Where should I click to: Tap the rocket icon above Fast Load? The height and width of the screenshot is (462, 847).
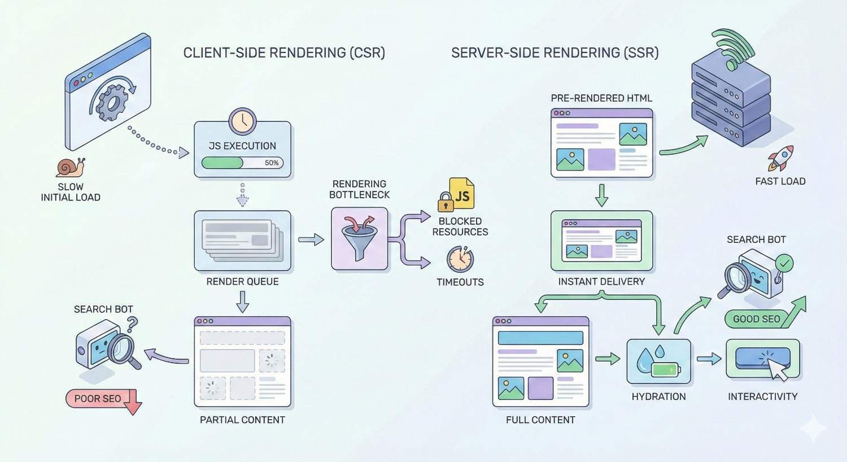pyautogui.click(x=781, y=158)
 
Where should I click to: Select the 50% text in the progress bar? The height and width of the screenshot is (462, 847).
pyautogui.click(x=272, y=163)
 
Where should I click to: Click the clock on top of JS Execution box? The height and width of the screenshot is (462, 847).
pyautogui.click(x=243, y=121)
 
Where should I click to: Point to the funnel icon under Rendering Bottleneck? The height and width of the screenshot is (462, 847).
pyautogui.click(x=359, y=238)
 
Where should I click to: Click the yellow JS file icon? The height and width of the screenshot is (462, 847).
pyautogui.click(x=461, y=194)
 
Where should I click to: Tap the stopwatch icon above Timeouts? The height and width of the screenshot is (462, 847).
pyautogui.click(x=460, y=259)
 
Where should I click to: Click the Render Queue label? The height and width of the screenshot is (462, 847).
pyautogui.click(x=242, y=281)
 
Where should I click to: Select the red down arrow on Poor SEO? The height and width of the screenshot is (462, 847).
pyautogui.click(x=132, y=402)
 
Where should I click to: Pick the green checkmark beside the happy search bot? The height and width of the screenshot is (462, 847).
pyautogui.click(x=784, y=263)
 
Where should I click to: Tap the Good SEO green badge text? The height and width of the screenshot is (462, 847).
pyautogui.click(x=756, y=319)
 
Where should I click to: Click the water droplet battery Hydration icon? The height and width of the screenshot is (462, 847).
pyautogui.click(x=658, y=361)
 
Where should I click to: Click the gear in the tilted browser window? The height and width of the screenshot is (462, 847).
pyautogui.click(x=112, y=102)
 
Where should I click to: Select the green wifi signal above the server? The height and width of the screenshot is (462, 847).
pyautogui.click(x=734, y=48)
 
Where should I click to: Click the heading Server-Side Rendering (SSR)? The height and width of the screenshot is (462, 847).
pyautogui.click(x=555, y=53)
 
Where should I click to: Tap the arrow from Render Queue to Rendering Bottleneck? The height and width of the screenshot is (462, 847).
pyautogui.click(x=311, y=240)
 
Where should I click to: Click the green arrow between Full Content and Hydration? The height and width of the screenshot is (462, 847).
pyautogui.click(x=608, y=359)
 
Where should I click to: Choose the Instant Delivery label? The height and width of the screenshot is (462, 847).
pyautogui.click(x=601, y=281)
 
